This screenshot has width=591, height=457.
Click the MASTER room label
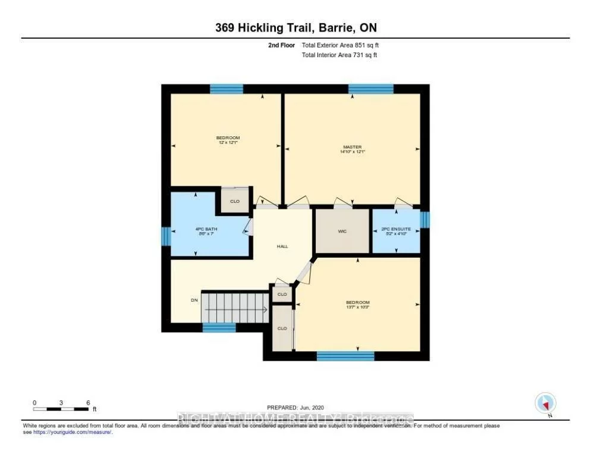click(352, 149)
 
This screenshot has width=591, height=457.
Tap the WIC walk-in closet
click(342, 231)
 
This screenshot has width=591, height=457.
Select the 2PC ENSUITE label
click(395, 231)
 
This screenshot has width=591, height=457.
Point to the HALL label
click(282, 246)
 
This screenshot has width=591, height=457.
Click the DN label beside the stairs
click(194, 301)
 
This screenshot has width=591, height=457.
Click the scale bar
click(61, 409)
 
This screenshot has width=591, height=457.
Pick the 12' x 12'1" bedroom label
click(228, 140)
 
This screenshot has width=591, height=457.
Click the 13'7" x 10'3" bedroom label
click(357, 305)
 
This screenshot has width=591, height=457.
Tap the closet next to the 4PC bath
click(235, 201)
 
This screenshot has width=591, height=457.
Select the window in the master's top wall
click(370, 89)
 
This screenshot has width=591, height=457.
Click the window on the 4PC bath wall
click(166, 236)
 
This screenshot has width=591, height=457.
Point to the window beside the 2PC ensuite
click(425, 220)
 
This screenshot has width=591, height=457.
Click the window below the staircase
click(219, 327)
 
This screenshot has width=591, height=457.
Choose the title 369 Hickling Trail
click(295, 27)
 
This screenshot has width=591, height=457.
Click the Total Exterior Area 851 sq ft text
click(339, 45)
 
